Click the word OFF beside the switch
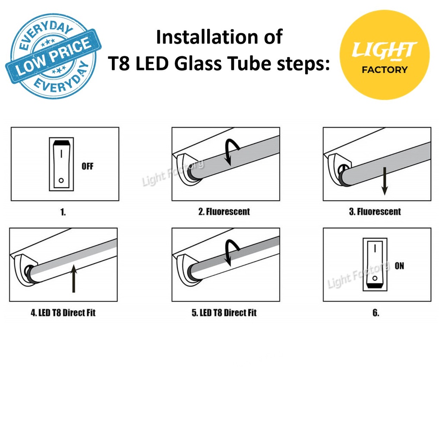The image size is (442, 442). (x=87, y=166)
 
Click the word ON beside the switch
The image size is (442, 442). (x=399, y=266)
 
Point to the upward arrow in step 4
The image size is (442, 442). (x=73, y=278)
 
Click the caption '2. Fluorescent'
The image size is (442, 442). (x=224, y=212)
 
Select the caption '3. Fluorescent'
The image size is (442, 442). (x=375, y=212)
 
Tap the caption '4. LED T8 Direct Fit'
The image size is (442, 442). (x=63, y=313)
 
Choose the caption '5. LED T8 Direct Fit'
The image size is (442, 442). (x=224, y=313)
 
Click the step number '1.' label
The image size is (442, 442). (x=63, y=212)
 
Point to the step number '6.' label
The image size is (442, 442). (x=376, y=313)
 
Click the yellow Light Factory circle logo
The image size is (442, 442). (x=385, y=55)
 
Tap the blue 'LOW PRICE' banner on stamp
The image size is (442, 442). (x=54, y=56)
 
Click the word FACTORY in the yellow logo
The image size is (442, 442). (x=385, y=69)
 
